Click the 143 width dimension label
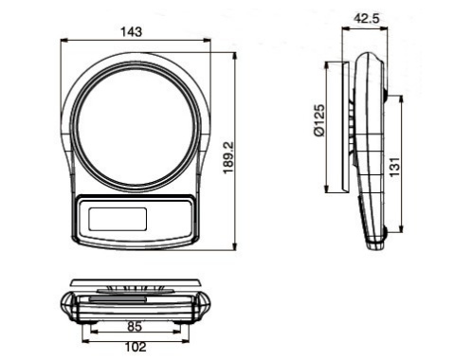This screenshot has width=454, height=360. point(132,32)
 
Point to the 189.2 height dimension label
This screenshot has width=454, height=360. point(228,157)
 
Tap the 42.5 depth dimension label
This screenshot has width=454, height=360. point(366,19)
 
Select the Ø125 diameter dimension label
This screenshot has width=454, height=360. point(319,120)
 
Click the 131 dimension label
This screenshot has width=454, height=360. point(394,167)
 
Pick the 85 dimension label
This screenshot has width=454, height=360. point(135,327)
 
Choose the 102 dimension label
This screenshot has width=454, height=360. point(136,347)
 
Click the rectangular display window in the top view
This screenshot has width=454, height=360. point(118,219)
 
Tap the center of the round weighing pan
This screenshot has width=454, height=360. point(136,126)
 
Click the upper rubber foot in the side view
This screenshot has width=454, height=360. point(386,95)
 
